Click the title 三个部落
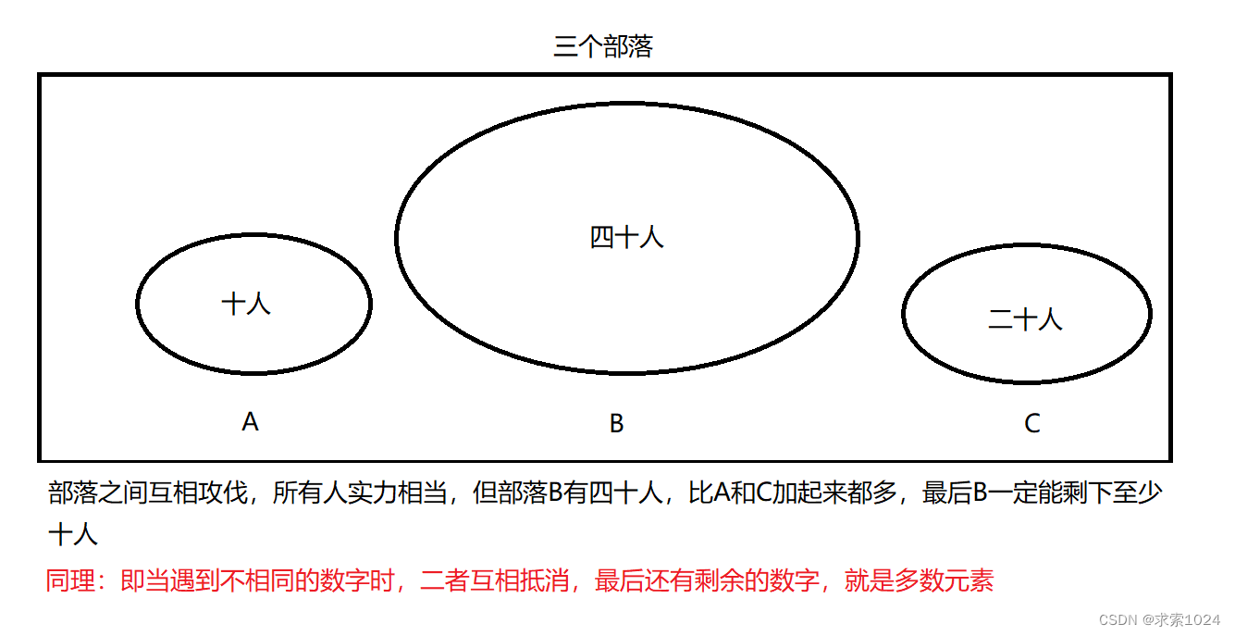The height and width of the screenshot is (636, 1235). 602,47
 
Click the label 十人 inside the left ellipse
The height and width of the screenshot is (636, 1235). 246,304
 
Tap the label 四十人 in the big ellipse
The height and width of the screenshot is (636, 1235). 626,238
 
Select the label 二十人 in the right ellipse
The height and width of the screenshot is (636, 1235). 1025,319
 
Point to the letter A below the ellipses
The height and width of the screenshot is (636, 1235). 250,422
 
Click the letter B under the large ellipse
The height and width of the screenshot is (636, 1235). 616,424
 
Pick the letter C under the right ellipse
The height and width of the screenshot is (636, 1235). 1032,424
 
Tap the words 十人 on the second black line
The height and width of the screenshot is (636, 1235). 72,535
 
